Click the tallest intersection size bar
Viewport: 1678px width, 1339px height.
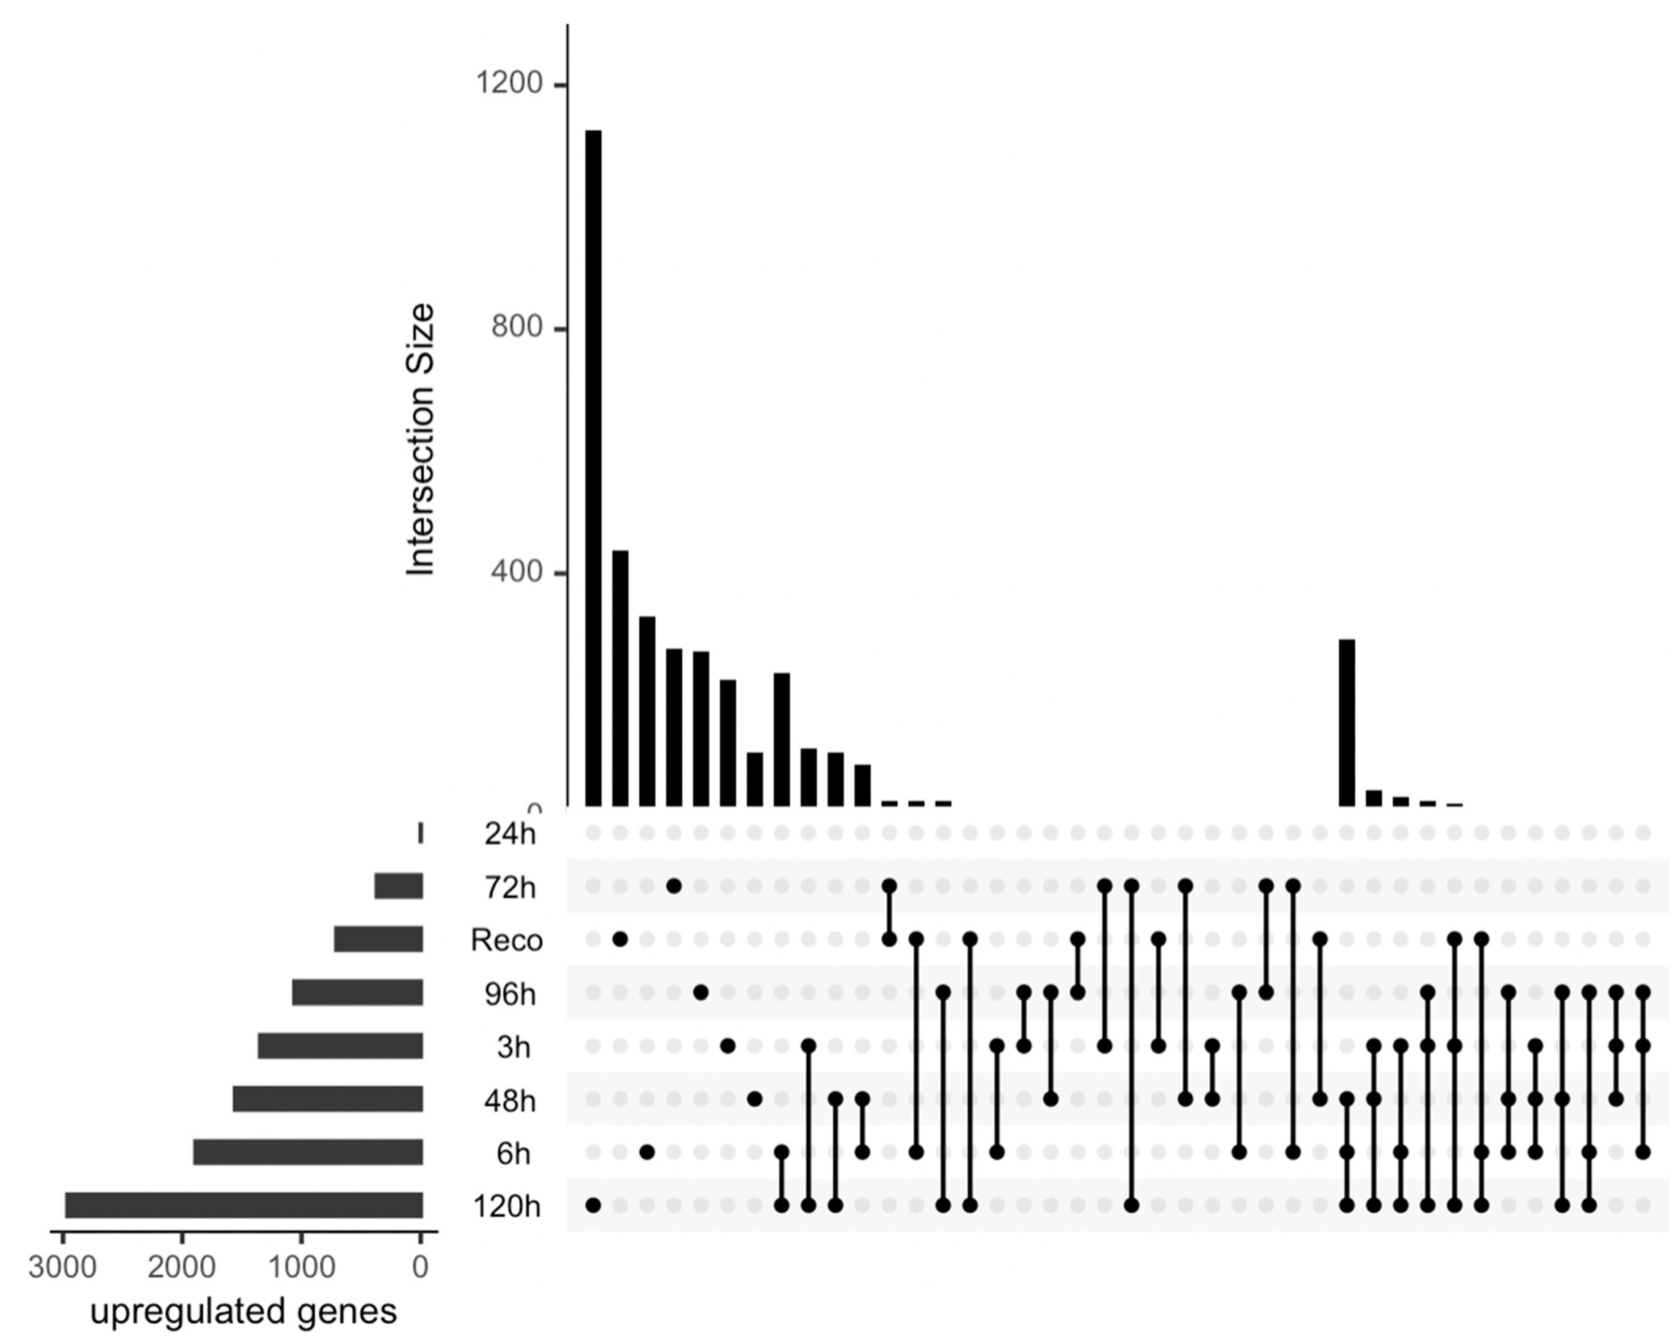593,467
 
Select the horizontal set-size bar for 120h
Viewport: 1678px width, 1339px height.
244,1205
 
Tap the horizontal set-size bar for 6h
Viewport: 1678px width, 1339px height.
308,1152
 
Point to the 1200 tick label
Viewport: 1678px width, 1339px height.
509,83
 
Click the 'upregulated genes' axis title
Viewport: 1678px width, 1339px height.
244,1311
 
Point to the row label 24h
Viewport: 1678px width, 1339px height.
510,834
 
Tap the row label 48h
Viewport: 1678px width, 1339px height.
510,1101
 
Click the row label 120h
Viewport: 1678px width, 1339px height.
507,1207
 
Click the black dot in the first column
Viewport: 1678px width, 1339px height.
593,1205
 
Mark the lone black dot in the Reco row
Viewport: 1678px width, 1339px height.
620,939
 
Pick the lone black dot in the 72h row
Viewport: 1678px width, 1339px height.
674,886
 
